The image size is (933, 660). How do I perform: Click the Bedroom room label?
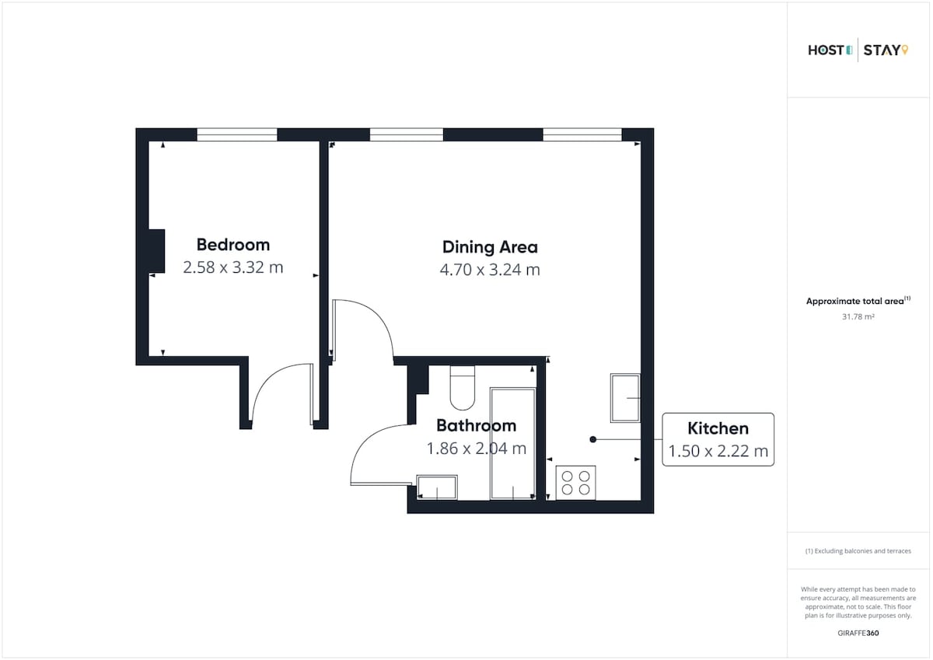[x=233, y=245]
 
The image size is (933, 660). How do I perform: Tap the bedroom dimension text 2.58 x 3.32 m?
[x=233, y=267]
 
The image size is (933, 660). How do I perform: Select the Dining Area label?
[x=490, y=247]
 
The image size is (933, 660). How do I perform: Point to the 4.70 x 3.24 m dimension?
[x=490, y=270]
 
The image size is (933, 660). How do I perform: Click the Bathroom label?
[x=477, y=425]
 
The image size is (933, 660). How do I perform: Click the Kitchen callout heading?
[x=718, y=428]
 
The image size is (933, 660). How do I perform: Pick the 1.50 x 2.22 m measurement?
[x=718, y=451]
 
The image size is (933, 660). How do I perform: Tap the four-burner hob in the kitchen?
[x=575, y=483]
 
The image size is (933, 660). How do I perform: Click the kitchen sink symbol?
[x=625, y=398]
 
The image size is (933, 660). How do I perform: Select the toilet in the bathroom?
[x=463, y=388]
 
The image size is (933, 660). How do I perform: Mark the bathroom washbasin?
[x=437, y=487]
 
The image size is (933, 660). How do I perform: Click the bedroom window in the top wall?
[x=237, y=134]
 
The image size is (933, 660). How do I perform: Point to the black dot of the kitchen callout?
[x=593, y=439]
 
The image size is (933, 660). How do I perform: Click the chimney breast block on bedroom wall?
[x=156, y=251]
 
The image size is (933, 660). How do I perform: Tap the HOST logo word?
[x=826, y=51]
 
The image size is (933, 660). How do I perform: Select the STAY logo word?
[x=882, y=51]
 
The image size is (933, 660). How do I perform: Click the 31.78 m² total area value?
[x=858, y=317]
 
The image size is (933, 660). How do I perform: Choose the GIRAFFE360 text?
[x=858, y=634]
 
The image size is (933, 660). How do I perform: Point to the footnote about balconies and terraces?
[x=858, y=551]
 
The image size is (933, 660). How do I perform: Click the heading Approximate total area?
[x=855, y=301]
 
